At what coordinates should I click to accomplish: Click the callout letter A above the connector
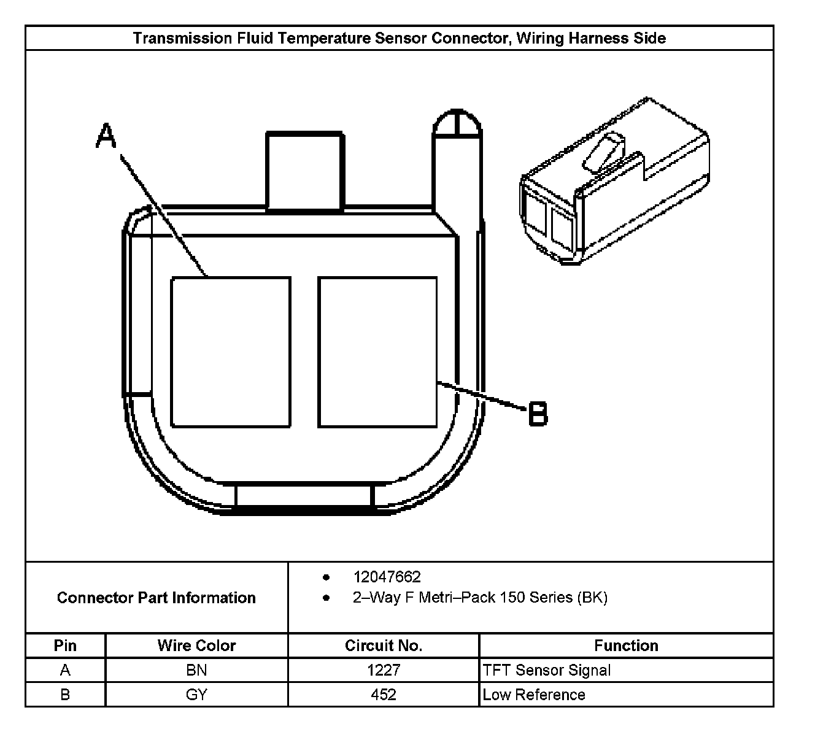pyautogui.click(x=106, y=136)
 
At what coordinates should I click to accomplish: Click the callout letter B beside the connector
pyautogui.click(x=538, y=414)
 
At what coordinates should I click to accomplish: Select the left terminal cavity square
pyautogui.click(x=230, y=352)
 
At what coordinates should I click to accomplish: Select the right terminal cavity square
pyautogui.click(x=377, y=352)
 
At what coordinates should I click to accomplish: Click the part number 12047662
pyautogui.click(x=387, y=577)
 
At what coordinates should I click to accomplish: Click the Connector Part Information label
pyautogui.click(x=156, y=598)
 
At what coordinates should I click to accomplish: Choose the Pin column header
pyautogui.click(x=65, y=646)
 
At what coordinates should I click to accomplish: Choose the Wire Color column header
pyautogui.click(x=196, y=646)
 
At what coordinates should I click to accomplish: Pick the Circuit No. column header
pyautogui.click(x=384, y=646)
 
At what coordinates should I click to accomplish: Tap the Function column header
pyautogui.click(x=626, y=646)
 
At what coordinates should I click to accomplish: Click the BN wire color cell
pyautogui.click(x=196, y=670)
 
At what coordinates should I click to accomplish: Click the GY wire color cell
pyautogui.click(x=196, y=695)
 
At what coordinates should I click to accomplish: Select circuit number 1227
pyautogui.click(x=384, y=670)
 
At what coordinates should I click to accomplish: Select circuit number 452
pyautogui.click(x=384, y=695)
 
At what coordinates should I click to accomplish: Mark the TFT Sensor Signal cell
pyautogui.click(x=547, y=670)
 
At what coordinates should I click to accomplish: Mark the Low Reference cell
pyautogui.click(x=534, y=695)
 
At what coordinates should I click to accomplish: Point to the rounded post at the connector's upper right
pyautogui.click(x=457, y=126)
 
